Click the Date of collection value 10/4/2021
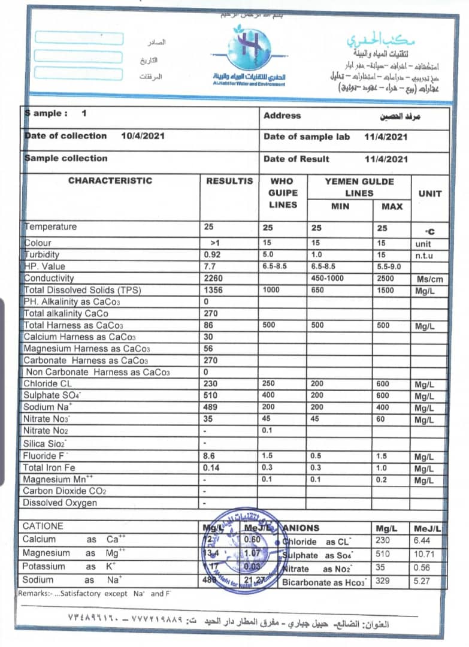(x=143, y=136)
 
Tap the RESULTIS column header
(x=229, y=181)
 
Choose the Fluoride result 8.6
(x=210, y=456)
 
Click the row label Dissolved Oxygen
(x=60, y=503)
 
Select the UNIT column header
(x=429, y=194)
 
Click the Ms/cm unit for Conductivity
(x=428, y=279)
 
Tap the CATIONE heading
(x=43, y=526)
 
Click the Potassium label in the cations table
(x=45, y=566)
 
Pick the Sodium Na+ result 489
(x=213, y=407)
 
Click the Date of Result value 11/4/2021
(x=386, y=159)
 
